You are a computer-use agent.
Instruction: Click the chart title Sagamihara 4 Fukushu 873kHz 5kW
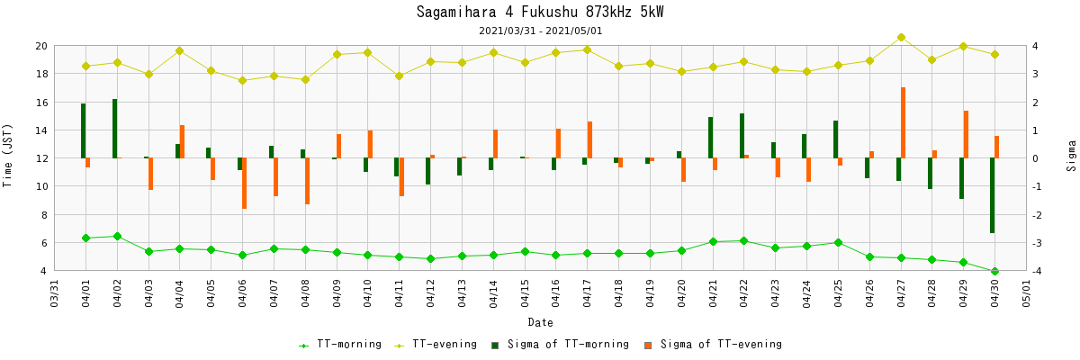pos(540,12)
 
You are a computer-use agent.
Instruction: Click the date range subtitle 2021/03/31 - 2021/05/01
pos(540,31)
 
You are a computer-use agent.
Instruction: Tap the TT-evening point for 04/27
pos(901,38)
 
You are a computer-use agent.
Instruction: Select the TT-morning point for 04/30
pos(994,271)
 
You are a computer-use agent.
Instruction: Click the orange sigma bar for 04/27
pos(903,122)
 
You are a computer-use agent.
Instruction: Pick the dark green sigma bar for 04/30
pos(992,195)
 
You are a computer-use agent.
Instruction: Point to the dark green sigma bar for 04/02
pos(114,129)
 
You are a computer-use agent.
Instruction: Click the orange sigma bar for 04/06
pos(244,184)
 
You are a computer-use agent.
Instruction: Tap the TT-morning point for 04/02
pos(117,237)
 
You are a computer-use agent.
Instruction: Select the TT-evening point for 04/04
pos(179,51)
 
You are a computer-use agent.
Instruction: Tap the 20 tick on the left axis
pos(40,46)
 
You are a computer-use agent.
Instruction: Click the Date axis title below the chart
pos(540,322)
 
